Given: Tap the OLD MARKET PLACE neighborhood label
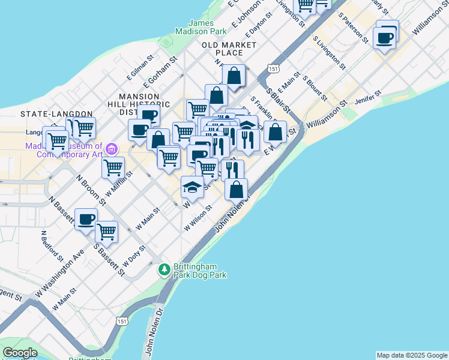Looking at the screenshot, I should pos(229,49).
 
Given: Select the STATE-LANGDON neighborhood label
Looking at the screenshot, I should pos(56,113).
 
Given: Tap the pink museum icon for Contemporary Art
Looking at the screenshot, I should pos(110,148).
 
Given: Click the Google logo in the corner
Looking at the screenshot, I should pos(20,353).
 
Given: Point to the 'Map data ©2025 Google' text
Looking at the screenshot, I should pos(412,355).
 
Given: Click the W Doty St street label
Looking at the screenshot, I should pos(134,256).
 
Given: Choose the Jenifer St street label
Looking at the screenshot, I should pos(369,97).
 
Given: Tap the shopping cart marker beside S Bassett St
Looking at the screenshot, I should pos(107,231).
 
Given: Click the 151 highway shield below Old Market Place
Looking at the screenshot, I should pos(273,70).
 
